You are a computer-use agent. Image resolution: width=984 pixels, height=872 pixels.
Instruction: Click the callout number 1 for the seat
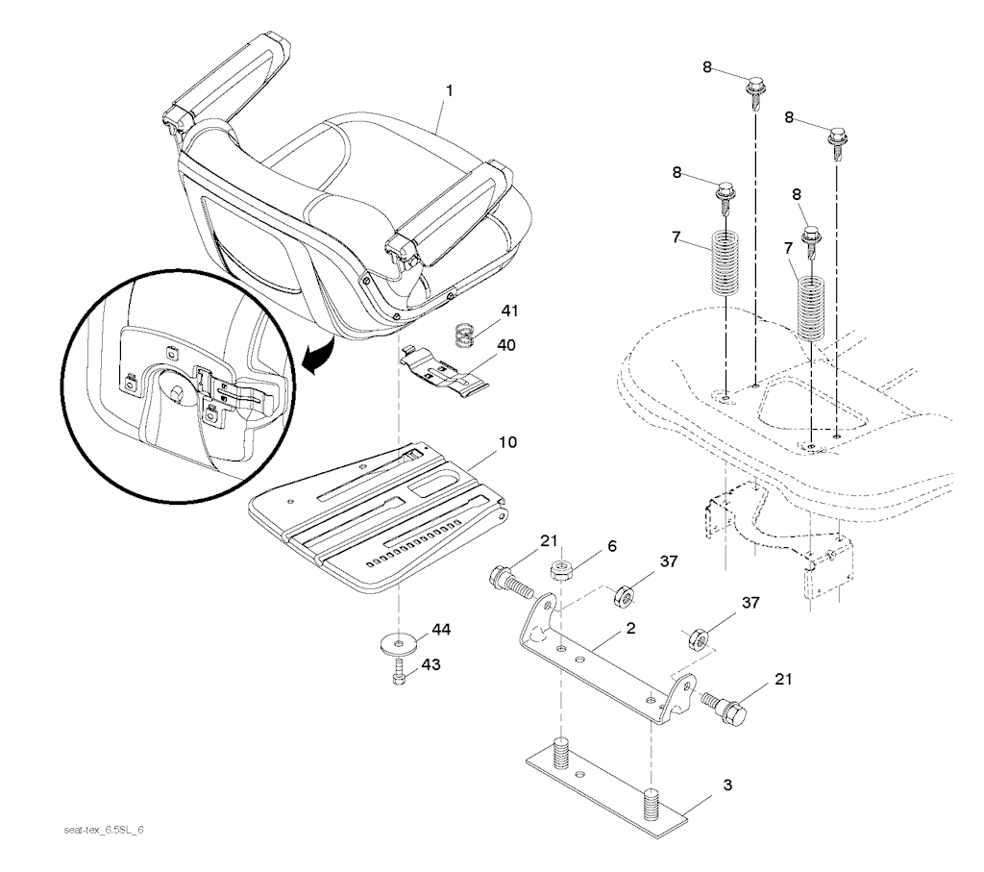[449, 91]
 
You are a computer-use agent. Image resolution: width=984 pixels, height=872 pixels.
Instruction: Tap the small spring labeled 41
[464, 335]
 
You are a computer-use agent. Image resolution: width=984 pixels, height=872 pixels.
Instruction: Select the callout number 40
[505, 346]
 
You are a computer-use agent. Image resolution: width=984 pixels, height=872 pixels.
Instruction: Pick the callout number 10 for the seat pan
[507, 443]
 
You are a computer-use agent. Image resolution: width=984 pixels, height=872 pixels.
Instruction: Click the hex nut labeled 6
[561, 571]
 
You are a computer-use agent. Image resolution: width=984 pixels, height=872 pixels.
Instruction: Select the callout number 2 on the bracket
[630, 628]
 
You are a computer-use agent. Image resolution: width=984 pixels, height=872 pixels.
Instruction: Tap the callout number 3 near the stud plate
[726, 785]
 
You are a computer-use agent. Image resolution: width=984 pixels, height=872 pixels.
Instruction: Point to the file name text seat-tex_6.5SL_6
[104, 830]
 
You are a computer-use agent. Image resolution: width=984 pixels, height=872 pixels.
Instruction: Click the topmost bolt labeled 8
[755, 92]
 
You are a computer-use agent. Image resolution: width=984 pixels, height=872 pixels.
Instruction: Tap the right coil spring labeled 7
[812, 309]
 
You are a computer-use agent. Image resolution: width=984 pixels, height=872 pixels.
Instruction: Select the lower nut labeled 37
[700, 638]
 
